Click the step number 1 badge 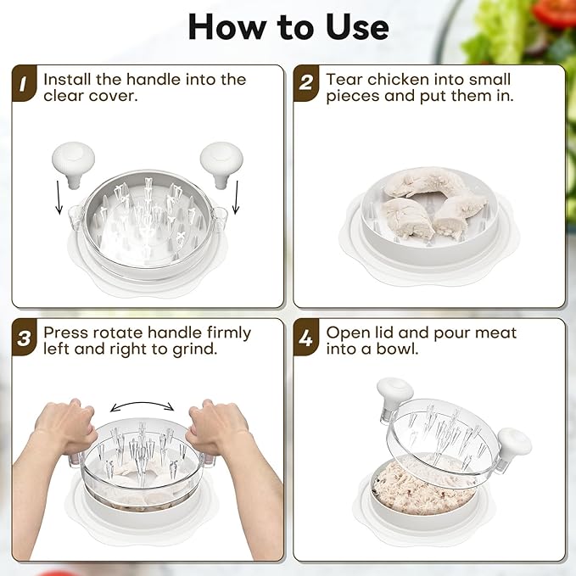(x=24, y=83)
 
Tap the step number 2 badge (x=306, y=83)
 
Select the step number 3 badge (x=24, y=338)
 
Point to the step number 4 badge (x=306, y=338)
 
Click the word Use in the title (x=357, y=27)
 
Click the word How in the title (x=227, y=27)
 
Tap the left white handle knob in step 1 (x=74, y=165)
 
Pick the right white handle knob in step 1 (x=221, y=165)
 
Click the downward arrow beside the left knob (x=59, y=197)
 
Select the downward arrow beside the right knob (x=236, y=197)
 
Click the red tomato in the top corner (x=556, y=12)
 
